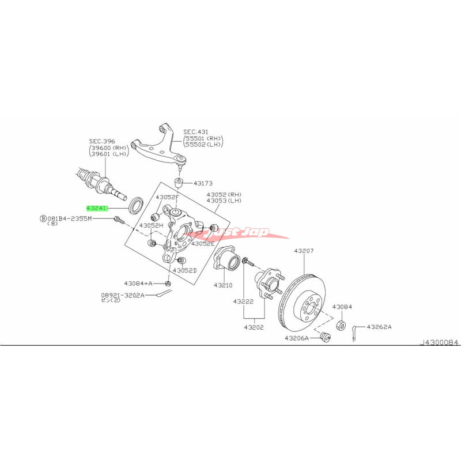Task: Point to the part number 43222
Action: pos(244,301)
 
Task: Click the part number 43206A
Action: pos(296,338)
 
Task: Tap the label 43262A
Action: pos(380,326)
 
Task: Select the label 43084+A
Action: pos(138,284)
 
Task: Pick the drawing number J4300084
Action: pos(439,343)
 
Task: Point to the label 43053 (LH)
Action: pos(226,201)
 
